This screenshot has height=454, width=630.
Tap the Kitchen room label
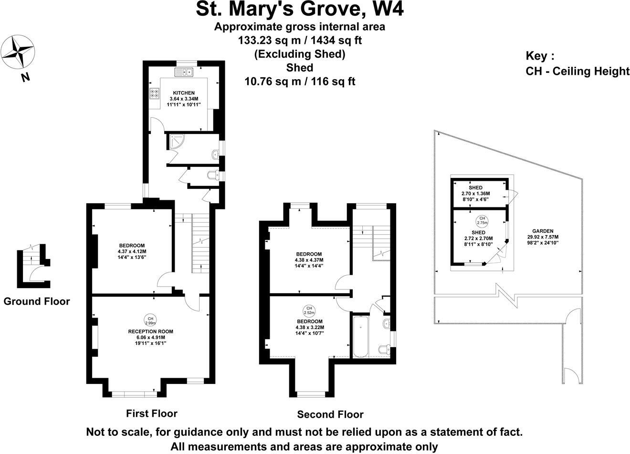[184, 93]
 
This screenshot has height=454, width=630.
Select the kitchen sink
[183, 72]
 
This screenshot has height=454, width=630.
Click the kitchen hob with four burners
[155, 93]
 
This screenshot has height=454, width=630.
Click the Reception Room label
[150, 331]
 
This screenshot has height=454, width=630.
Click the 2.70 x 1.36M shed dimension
[475, 194]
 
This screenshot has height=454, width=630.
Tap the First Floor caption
[151, 413]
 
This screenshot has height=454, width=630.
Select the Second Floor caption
[330, 414]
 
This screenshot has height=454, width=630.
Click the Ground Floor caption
[37, 301]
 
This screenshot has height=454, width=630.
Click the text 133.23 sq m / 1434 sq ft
[300, 41]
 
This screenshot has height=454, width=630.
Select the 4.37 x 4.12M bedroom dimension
[132, 251]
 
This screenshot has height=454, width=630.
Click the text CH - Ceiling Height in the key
[577, 72]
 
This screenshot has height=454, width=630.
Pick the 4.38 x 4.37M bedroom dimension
[309, 260]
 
